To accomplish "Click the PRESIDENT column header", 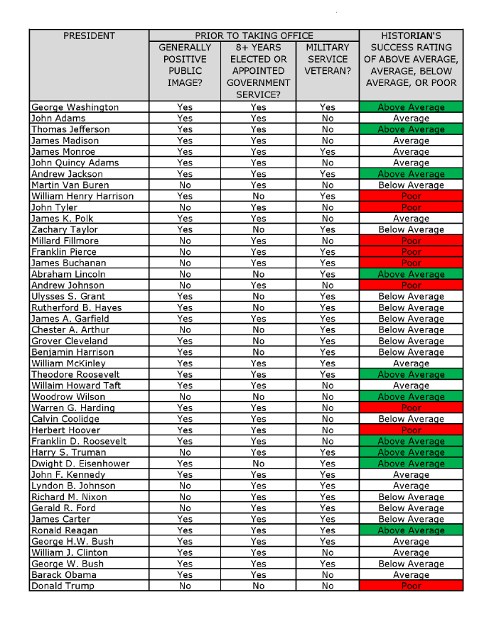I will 89,35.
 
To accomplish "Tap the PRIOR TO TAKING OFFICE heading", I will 254,35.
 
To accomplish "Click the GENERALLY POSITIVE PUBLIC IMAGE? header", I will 185,65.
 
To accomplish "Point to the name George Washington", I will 75,107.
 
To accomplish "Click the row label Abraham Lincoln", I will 68,274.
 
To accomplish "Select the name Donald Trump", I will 63,586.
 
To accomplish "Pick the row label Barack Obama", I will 63,574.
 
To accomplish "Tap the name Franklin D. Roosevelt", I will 79,441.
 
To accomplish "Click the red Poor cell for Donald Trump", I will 411,586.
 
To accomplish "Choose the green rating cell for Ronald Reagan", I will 411,530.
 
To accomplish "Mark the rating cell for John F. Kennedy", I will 411,474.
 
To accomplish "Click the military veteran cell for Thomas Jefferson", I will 328,129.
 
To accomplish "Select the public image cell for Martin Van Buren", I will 185,185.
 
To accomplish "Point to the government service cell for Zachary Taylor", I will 259,229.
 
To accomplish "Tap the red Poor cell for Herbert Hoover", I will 411,430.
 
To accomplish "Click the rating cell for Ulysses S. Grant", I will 411,296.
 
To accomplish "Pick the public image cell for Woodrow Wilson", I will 185,397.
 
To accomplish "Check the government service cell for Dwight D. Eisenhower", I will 259,464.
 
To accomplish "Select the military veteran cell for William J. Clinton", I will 328,552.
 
